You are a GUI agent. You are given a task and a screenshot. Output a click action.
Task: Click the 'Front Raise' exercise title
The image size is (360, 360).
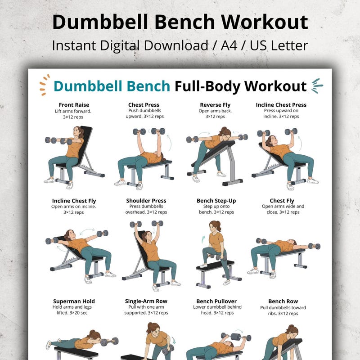click(74, 105)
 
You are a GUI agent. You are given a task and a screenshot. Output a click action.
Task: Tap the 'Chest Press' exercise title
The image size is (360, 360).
click(144, 105)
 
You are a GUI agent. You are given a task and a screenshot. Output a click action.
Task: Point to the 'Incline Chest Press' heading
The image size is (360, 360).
click(281, 105)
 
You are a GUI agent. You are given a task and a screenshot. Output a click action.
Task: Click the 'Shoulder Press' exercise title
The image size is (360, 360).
click(146, 201)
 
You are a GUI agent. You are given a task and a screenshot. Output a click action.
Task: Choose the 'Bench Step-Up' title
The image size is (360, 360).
click(216, 201)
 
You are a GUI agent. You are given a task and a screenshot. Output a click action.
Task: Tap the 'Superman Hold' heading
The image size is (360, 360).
click(74, 301)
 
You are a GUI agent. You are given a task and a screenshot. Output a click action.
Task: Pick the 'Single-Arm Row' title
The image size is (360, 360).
click(146, 301)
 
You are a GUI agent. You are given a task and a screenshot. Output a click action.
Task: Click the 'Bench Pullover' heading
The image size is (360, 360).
click(216, 301)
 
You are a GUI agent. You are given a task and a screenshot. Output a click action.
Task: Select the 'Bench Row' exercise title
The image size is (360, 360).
click(283, 301)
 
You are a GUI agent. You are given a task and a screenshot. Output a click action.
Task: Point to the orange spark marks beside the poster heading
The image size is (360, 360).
click(44, 85)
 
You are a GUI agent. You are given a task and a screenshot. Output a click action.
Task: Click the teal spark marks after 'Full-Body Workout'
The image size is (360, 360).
click(317, 85)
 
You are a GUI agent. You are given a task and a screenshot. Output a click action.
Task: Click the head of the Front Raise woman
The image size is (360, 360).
click(79, 132)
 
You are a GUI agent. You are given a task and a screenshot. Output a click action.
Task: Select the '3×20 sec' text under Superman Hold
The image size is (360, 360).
click(74, 313)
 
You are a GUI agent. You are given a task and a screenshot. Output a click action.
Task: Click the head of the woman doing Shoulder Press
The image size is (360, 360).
click(146, 235)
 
